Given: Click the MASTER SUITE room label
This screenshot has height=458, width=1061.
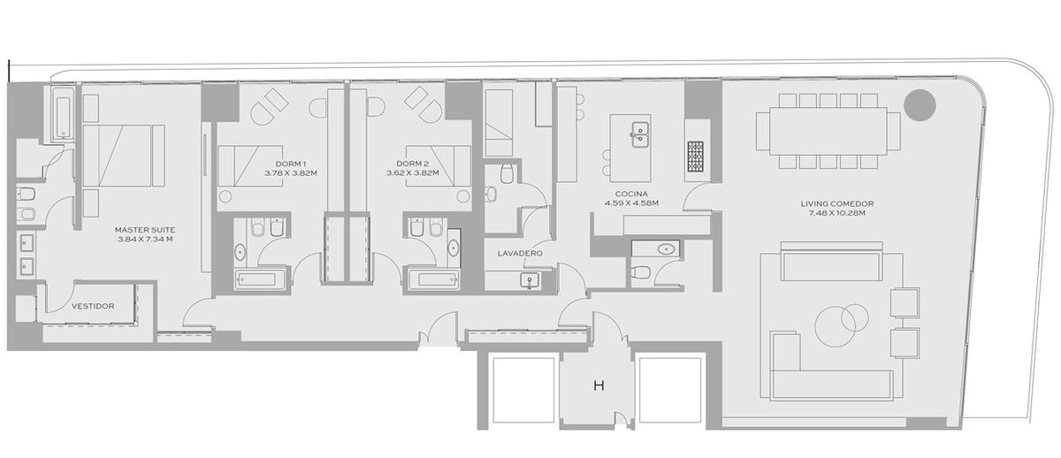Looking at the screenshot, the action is click(145, 230).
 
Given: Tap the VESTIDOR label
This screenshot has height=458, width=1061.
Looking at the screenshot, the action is click(93, 306).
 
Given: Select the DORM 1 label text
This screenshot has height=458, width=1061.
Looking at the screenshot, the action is click(290, 164).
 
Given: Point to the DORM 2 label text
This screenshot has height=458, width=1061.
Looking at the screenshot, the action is click(412, 164).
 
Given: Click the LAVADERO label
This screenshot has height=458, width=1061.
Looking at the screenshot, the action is click(520, 254).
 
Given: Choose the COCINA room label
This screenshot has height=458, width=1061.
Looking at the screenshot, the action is click(631, 194).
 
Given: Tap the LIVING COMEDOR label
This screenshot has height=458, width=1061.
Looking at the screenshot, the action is click(837, 203).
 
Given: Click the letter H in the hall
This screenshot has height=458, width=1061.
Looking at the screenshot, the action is click(599, 385).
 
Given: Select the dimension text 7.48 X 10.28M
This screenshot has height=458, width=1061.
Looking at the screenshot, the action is click(837, 213).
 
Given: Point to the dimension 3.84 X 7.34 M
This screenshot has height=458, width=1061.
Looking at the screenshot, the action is click(145, 240).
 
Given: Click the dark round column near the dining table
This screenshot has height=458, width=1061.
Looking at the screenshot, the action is click(920, 105).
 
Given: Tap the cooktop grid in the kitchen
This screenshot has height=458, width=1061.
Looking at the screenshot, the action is click(695, 156).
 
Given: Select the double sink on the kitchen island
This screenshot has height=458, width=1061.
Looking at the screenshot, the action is click(640, 134).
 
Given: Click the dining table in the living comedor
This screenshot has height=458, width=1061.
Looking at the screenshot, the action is click(828, 131).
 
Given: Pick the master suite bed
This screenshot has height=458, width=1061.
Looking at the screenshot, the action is click(124, 156).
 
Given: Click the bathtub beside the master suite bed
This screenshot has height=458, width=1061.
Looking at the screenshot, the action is click(63, 115).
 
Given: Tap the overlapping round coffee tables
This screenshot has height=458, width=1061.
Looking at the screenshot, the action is click(842, 324).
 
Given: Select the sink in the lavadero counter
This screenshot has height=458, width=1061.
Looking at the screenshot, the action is click(529, 280).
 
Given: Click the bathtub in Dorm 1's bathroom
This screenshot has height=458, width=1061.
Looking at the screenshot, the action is click(260, 279).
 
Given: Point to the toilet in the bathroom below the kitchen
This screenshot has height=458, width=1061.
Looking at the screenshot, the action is click(641, 273).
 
